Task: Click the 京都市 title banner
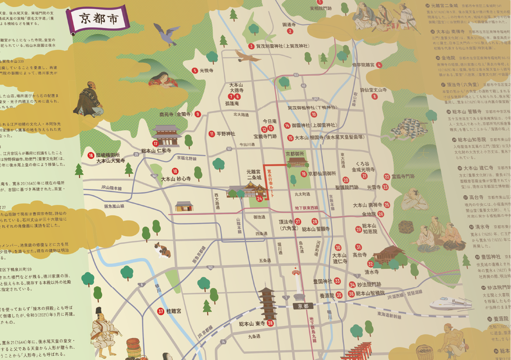point(99,19)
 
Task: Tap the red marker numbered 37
point(161,311)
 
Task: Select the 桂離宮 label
point(174,311)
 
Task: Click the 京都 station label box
point(303,306)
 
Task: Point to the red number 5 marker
point(195,71)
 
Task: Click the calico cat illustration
point(162,249)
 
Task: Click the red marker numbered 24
point(260,199)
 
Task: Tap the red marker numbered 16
point(91,155)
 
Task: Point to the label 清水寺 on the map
point(371,272)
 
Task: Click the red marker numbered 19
point(303,174)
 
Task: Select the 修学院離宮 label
point(363,65)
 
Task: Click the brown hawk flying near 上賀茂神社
point(247,56)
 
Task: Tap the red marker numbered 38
point(270,323)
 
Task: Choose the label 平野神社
point(226,134)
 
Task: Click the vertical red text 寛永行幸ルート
point(270,183)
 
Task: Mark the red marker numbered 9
point(198,114)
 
